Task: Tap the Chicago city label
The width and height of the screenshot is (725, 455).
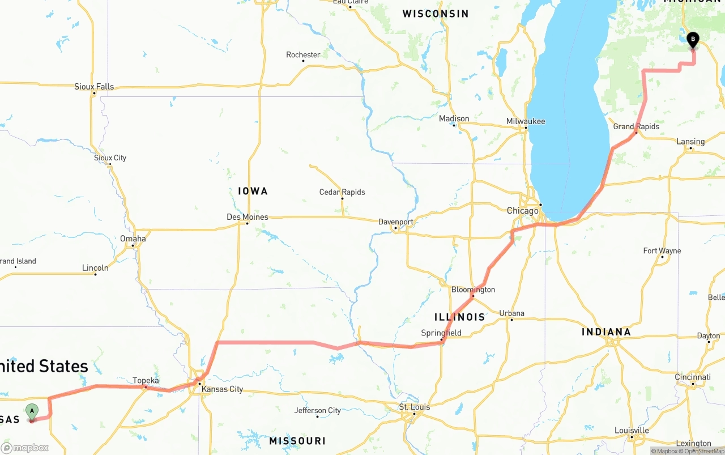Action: point(522,211)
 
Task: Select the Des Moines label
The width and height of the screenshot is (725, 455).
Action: point(248,217)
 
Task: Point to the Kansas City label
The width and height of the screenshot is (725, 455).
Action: point(222,389)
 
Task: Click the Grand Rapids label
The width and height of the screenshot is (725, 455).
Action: point(636,126)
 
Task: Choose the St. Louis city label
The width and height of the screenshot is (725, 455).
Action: point(415,407)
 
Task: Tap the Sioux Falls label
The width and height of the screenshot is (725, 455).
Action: point(94,87)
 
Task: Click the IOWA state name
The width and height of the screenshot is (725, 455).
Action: point(253,191)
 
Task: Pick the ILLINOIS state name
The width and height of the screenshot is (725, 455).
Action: point(459,317)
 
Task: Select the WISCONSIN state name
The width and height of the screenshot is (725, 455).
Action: point(435,14)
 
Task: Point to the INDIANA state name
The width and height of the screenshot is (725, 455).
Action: point(606,332)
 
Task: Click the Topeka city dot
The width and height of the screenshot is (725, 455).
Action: point(146,388)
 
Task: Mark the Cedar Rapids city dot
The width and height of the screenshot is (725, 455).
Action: point(342,198)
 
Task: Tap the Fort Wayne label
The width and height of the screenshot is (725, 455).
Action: point(662,250)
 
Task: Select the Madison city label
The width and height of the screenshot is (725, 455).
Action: point(454,118)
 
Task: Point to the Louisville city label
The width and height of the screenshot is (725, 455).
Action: point(632,430)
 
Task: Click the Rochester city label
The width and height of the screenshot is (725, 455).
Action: point(303,55)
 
